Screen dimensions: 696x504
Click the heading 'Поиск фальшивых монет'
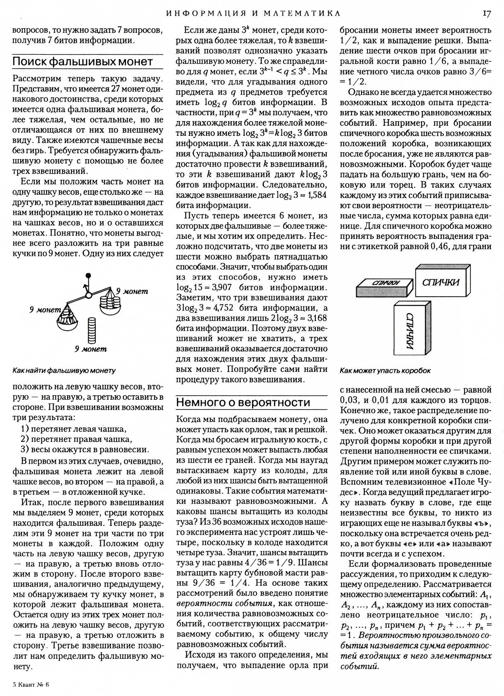(83, 62)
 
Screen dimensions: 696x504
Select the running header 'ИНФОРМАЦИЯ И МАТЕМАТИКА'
(253, 14)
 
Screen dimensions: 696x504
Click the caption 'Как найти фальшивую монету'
(64, 370)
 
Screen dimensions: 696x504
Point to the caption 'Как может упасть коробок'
(385, 370)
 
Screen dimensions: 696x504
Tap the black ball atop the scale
(88, 276)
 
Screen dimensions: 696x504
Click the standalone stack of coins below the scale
(91, 330)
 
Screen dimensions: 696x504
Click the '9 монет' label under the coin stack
(91, 349)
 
